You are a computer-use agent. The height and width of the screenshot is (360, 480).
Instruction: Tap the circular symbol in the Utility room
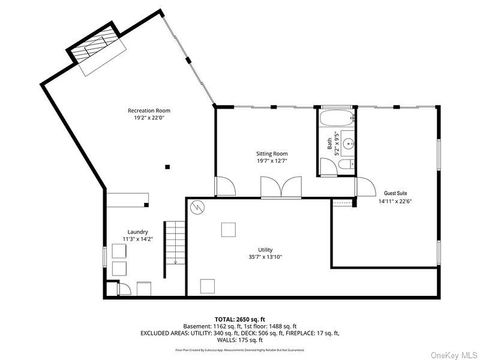click(198, 208)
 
